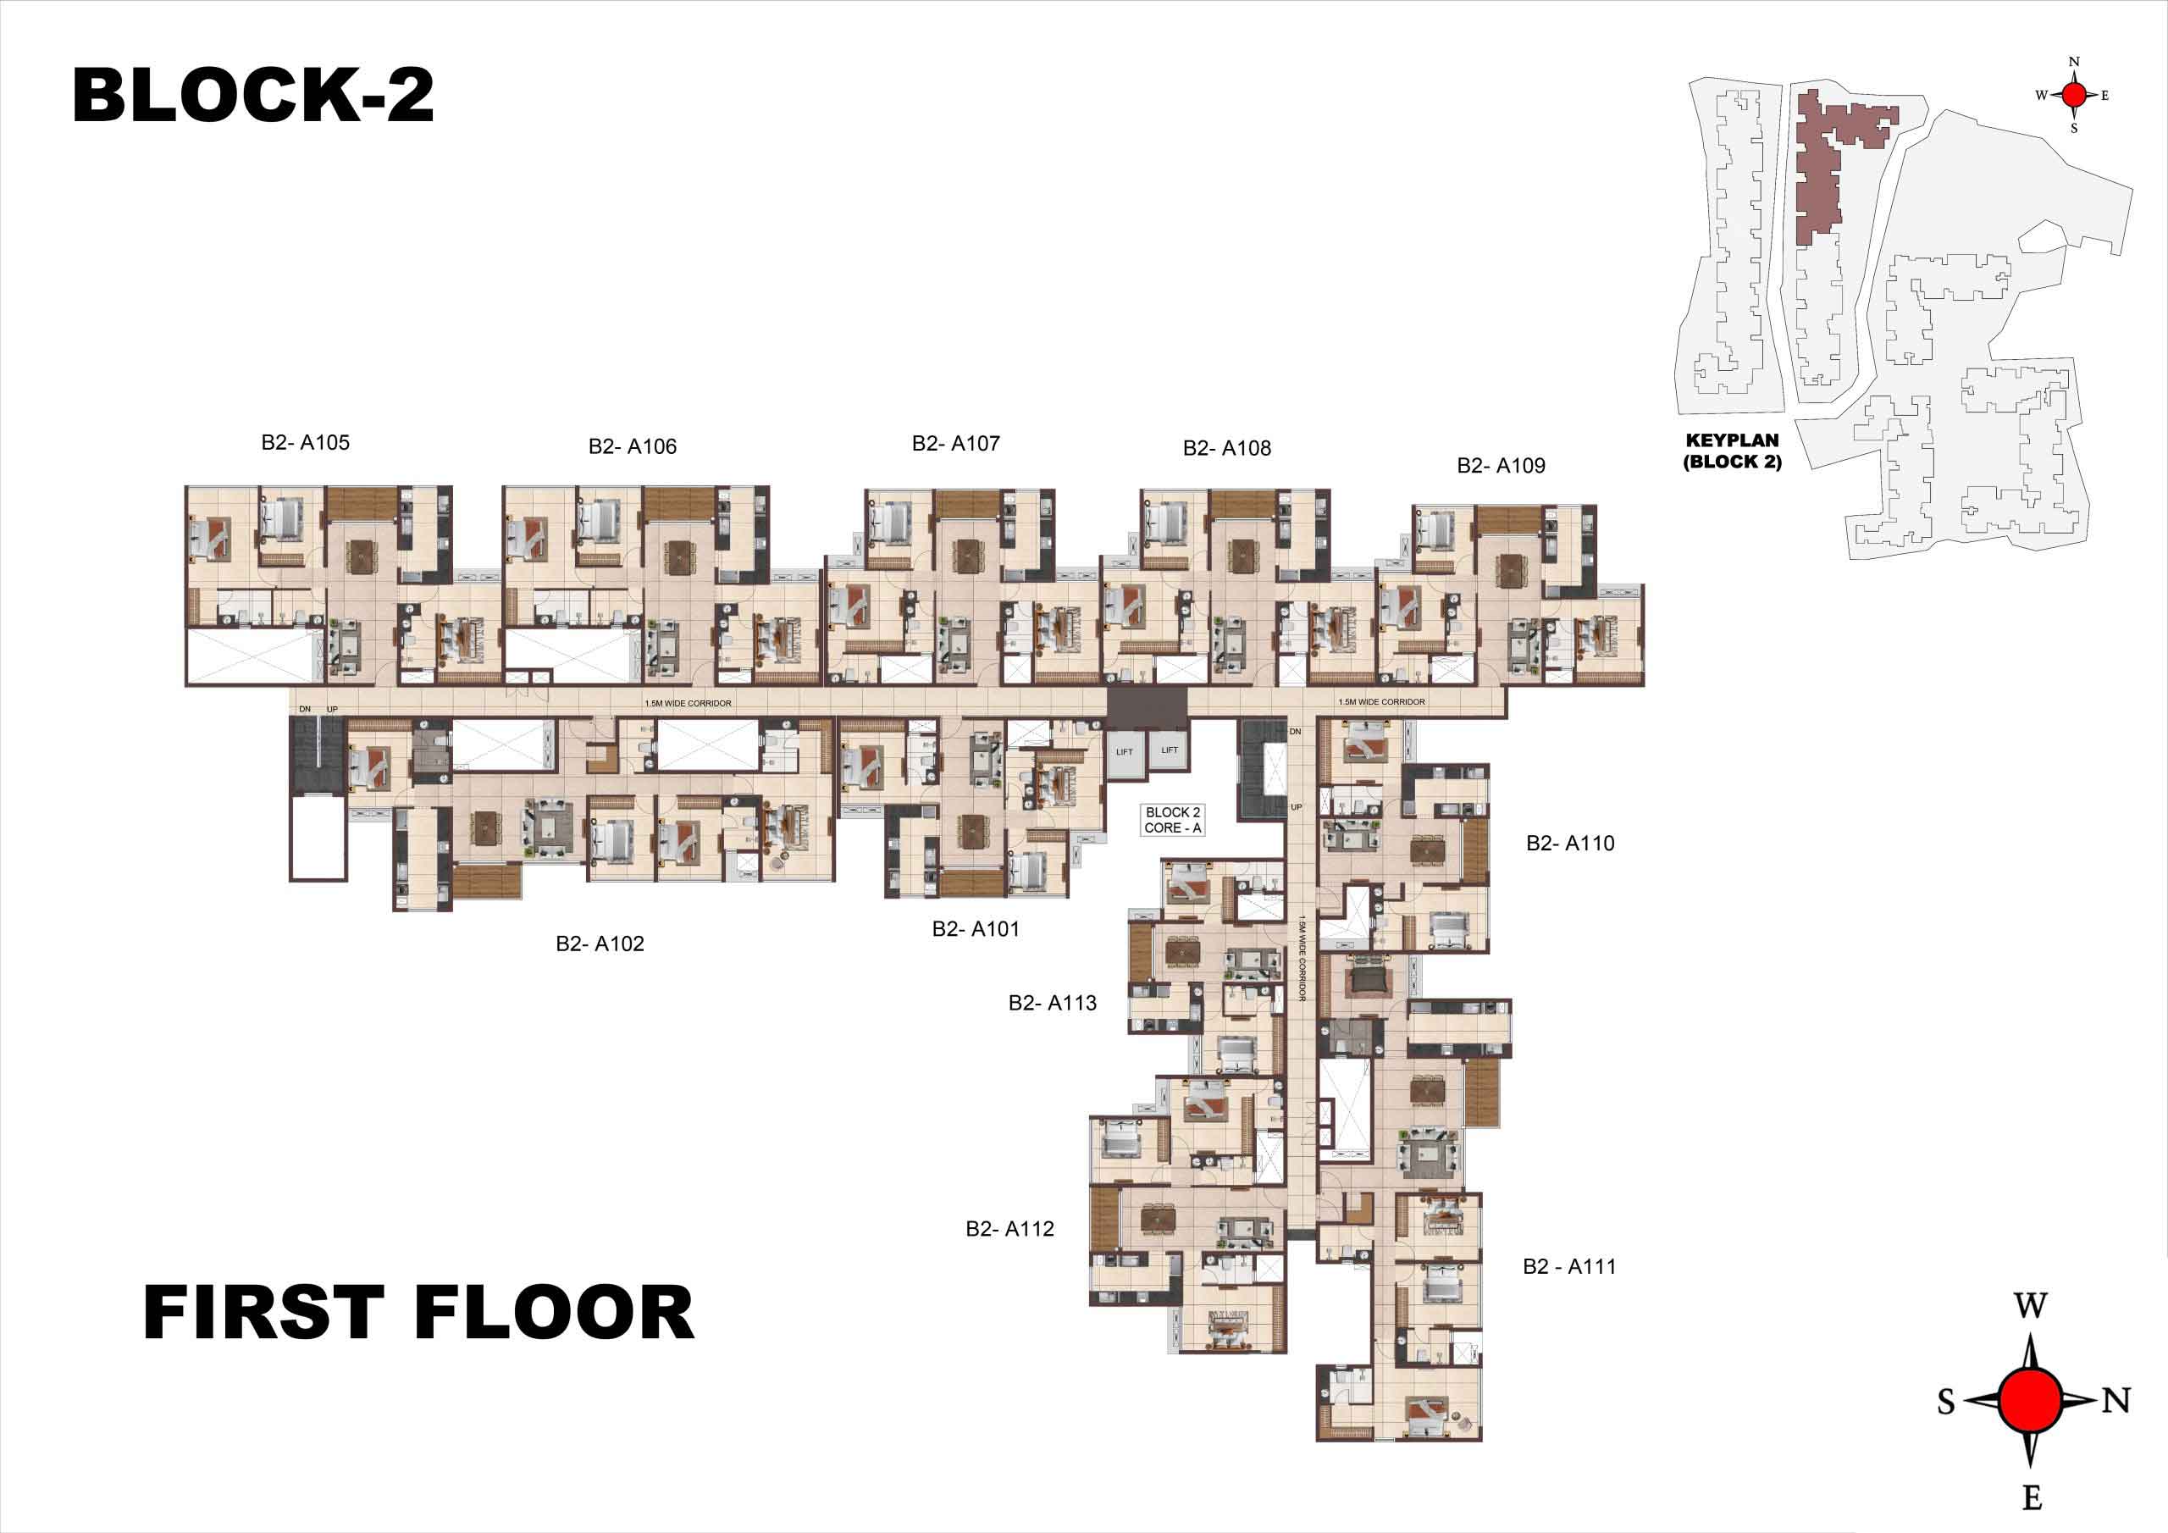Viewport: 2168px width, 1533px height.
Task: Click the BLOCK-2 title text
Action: point(253,96)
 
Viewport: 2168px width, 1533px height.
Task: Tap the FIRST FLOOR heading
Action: point(418,1313)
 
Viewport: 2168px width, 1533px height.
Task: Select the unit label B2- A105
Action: point(305,442)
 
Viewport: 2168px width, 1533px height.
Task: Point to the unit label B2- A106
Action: point(632,446)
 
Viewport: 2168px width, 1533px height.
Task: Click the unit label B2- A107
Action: point(955,443)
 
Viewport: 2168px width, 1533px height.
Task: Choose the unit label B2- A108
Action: point(1226,448)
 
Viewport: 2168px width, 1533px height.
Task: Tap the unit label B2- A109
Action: point(1501,465)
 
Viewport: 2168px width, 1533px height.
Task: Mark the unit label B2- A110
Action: point(1570,843)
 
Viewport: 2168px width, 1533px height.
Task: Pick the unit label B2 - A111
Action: point(1569,1267)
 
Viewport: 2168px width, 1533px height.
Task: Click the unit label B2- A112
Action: point(1009,1229)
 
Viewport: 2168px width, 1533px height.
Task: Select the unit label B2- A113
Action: point(1052,1003)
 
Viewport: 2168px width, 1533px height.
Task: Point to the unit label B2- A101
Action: point(976,928)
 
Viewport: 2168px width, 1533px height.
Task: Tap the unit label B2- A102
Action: point(600,944)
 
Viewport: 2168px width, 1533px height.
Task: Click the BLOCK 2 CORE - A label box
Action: point(1173,820)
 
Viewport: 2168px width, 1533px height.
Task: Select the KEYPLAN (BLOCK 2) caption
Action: point(1732,451)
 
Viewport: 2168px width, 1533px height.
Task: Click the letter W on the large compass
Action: point(2030,1306)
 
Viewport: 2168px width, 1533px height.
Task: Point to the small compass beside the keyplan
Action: point(2074,95)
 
